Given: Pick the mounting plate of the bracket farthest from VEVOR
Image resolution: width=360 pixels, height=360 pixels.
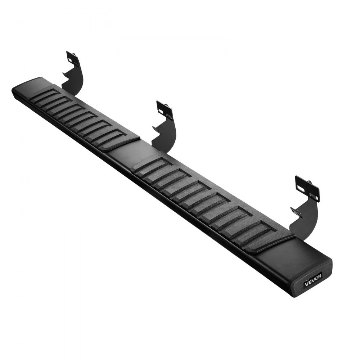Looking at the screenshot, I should click(x=73, y=59).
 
